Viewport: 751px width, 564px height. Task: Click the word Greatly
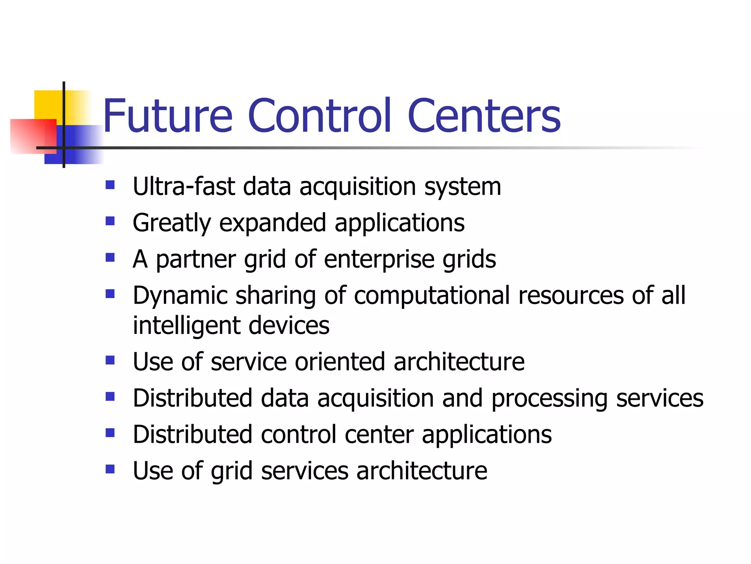tap(172, 223)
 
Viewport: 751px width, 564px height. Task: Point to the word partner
tap(196, 259)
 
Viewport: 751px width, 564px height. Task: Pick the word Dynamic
tap(180, 296)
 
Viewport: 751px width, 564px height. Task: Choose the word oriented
tap(340, 362)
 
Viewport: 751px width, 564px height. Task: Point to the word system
tap(462, 187)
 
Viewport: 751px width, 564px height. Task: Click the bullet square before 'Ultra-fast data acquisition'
tap(110, 184)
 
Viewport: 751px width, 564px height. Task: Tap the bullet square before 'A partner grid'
tap(110, 257)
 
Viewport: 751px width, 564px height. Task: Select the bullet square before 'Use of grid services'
tap(110, 469)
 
